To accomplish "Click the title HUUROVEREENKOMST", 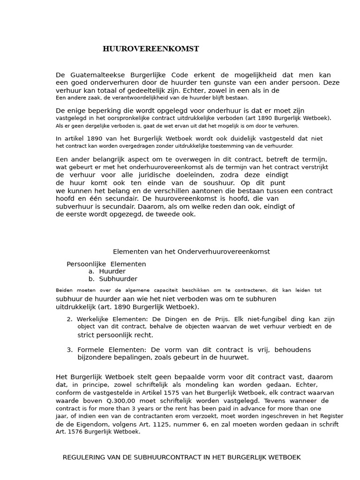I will click(150, 49).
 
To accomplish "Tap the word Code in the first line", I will click(181, 75).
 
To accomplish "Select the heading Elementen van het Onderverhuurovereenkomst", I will click(191, 252).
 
